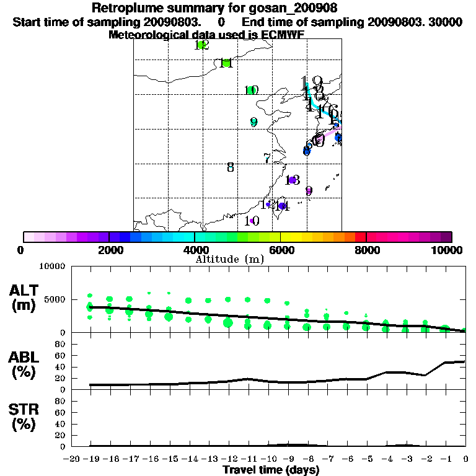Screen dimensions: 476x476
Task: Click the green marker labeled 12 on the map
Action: (x=200, y=45)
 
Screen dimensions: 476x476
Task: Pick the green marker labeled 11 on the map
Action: (x=226, y=63)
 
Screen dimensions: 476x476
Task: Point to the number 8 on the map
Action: (x=230, y=167)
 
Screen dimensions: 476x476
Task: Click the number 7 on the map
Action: (x=267, y=158)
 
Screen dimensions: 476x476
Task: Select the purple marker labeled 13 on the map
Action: (x=291, y=180)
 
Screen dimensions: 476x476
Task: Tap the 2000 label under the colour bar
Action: (x=109, y=250)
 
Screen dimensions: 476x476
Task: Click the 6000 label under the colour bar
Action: (x=281, y=250)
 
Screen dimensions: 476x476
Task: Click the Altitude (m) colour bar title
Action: (x=229, y=259)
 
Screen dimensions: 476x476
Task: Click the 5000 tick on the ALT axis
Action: (x=54, y=299)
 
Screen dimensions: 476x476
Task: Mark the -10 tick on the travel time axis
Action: (x=267, y=459)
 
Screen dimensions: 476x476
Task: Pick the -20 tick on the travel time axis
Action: (x=72, y=459)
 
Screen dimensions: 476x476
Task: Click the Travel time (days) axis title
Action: (x=271, y=470)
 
